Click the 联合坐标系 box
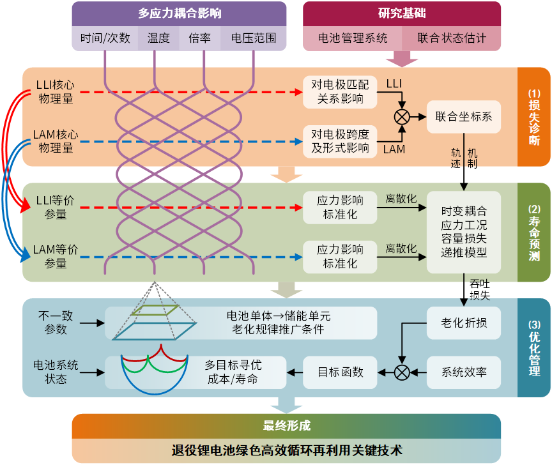click(464, 117)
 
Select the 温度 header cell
click(158, 38)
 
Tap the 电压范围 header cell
click(249, 38)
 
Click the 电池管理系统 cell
click(353, 38)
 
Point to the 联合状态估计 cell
click(452, 38)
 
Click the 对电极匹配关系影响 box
click(340, 92)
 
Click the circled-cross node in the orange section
click(402, 117)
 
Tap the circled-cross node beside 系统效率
click(402, 372)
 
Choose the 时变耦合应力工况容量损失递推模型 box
click(464, 232)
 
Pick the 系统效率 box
click(464, 372)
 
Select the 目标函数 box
click(340, 372)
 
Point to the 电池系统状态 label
click(56, 372)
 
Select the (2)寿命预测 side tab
click(534, 232)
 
